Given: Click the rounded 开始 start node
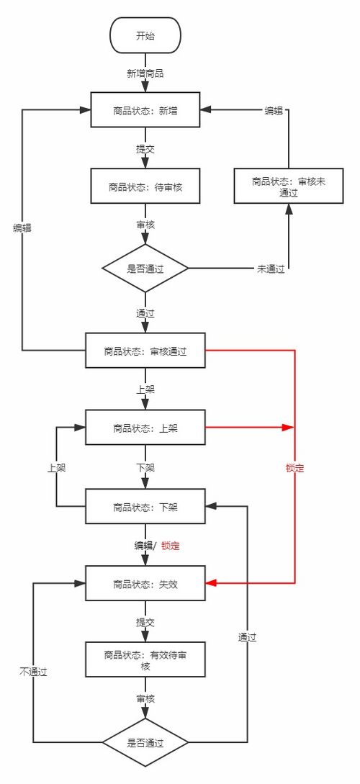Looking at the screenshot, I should pos(145,35).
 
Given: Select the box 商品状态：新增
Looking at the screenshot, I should pos(145,110).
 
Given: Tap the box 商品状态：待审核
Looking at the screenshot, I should pos(145,186).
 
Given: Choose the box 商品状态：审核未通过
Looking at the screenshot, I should pos(289,186).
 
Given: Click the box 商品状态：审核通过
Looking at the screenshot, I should pos(145,351).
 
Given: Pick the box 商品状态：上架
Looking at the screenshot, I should pos(145,428).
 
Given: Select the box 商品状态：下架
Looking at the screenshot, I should pos(145,506).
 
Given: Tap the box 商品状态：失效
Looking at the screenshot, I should pos(145,584).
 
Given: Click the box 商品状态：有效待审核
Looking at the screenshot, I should pos(145,660).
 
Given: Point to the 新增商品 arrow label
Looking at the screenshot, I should pos(145,73).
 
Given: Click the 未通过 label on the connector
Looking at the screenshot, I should pos(271,269).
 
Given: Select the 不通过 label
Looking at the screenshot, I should pos(32,671).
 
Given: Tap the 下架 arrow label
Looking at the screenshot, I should pos(145,467).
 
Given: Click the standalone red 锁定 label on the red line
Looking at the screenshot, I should pos(294,468).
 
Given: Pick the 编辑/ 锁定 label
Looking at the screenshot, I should pos(156,546).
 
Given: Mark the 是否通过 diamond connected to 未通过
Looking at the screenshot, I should pos(145,269).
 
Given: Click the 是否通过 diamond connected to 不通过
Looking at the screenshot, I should pos(145,742).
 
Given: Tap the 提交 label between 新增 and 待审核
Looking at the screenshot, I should pos(145,149).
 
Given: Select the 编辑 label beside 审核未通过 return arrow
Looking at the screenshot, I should pos(274,110).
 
